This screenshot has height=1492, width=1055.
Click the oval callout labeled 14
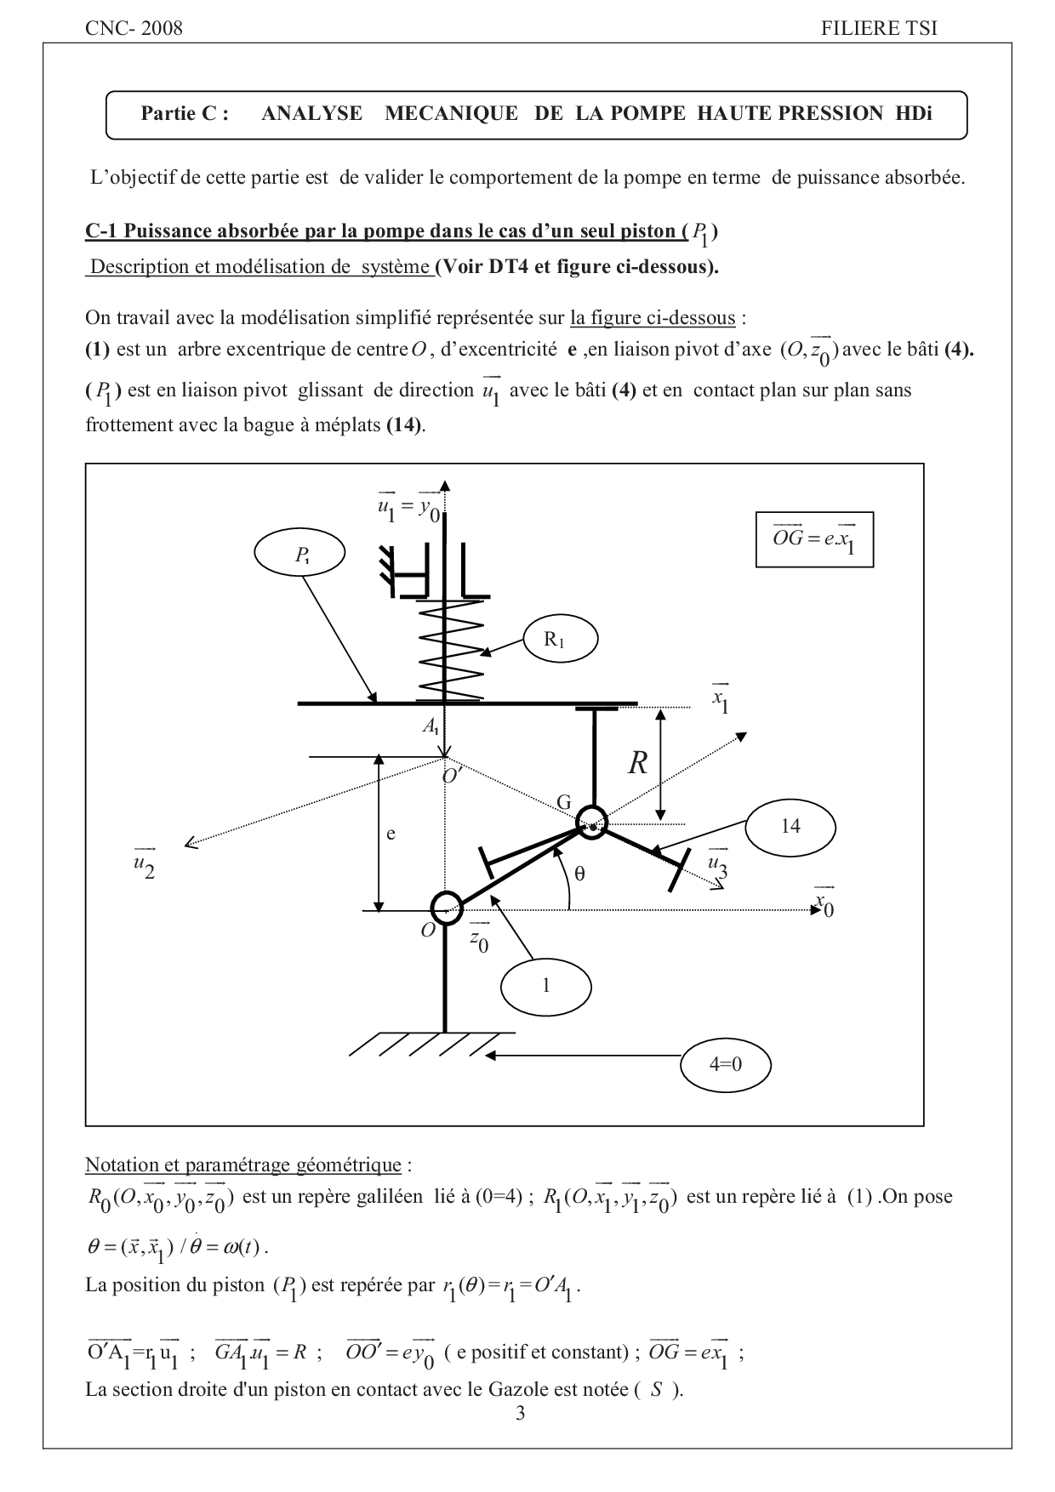pos(790,826)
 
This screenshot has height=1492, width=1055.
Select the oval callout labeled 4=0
pos(726,1064)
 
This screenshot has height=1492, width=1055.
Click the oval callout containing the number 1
pos(546,986)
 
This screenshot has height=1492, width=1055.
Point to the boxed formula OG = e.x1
pos(814,539)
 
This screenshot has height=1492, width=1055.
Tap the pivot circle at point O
pos(447,905)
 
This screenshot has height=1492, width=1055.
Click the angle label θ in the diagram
pos(580,873)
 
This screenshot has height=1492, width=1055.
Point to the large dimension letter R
pos(638,764)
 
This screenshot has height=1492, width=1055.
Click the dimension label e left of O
pos(391,834)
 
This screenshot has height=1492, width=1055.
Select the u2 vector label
pos(145,864)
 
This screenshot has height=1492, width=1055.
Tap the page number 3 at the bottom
pos(521,1414)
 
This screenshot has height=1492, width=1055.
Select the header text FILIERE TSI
pos(879,28)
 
